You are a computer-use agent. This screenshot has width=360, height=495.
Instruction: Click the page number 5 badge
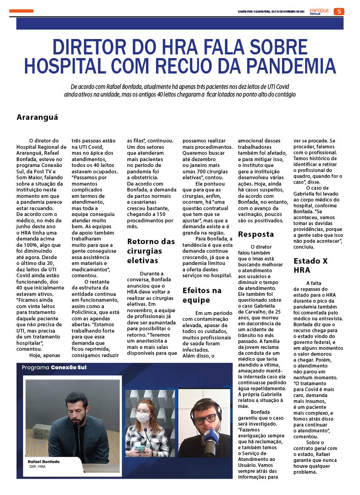[x=339, y=11]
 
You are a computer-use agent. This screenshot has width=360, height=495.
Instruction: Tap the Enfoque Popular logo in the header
[x=319, y=11]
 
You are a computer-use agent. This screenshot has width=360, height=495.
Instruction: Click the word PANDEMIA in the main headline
[x=287, y=66]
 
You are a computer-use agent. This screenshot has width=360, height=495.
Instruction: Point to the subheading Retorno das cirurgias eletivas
[x=151, y=250]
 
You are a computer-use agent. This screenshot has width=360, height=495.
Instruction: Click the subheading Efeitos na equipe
[x=202, y=295]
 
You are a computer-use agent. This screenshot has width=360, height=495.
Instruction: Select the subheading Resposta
[x=256, y=234]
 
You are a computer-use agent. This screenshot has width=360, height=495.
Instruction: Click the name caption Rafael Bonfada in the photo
[x=44, y=461]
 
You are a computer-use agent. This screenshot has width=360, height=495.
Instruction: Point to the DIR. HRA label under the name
[x=37, y=466]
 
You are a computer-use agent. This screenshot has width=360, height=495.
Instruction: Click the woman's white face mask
[x=143, y=417]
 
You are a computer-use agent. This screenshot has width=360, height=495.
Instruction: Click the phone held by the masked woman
[x=140, y=448]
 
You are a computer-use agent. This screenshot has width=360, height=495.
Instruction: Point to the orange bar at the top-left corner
[x=21, y=11]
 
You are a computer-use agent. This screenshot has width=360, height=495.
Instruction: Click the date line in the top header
[x=271, y=12]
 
